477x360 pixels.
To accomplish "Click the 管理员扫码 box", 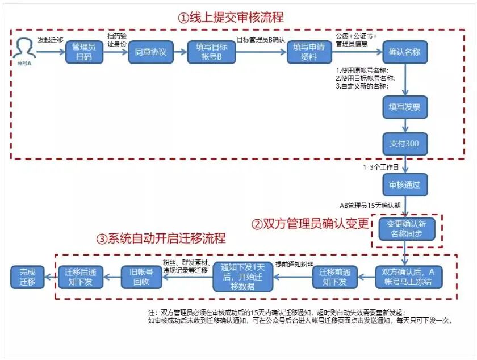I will click(x=84, y=52).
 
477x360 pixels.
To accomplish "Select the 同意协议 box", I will click(x=150, y=52).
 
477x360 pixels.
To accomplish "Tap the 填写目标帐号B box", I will click(x=211, y=52).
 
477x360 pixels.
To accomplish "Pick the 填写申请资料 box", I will click(x=309, y=52).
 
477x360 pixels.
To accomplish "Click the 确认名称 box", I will click(x=404, y=52).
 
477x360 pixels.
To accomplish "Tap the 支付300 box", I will click(x=404, y=144).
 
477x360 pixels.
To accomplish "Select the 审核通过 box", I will click(x=404, y=185).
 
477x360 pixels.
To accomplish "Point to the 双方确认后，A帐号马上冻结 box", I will click(x=409, y=276).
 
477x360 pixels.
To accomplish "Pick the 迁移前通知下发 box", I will click(x=335, y=276).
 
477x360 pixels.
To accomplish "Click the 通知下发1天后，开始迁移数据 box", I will click(x=243, y=276).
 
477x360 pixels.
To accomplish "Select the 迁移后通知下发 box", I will click(x=80, y=276).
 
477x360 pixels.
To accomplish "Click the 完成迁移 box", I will click(x=27, y=276).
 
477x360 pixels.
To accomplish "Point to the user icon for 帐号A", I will click(x=24, y=47).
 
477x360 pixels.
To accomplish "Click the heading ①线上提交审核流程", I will click(x=231, y=18).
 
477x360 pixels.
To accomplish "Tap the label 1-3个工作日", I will click(x=379, y=168).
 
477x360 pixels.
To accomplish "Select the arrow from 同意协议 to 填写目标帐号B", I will click(x=179, y=52).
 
